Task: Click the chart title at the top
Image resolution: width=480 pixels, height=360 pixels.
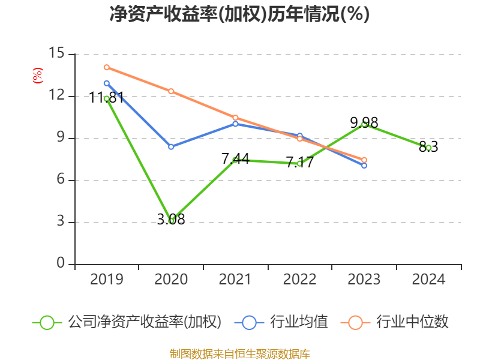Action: tap(239, 14)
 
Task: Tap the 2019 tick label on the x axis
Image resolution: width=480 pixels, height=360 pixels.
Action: tap(107, 279)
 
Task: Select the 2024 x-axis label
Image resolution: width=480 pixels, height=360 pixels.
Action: tap(428, 279)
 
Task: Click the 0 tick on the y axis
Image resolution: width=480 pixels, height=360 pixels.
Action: tap(61, 263)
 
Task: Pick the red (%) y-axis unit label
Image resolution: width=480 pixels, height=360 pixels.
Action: tap(38, 76)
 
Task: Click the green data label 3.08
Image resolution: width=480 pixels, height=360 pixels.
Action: tap(171, 219)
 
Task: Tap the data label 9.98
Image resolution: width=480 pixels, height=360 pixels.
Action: tap(364, 123)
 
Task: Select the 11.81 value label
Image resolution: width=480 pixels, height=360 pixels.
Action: tap(107, 98)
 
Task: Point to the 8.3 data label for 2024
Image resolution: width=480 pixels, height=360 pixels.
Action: tap(428, 146)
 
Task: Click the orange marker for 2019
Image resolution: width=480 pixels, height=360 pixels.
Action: tap(107, 67)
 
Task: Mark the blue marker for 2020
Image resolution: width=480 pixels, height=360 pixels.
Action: tap(171, 147)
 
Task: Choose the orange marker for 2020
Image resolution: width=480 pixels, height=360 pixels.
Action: tap(171, 91)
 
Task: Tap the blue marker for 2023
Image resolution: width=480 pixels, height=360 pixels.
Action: tap(364, 166)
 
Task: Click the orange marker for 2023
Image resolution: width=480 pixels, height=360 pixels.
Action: tap(364, 160)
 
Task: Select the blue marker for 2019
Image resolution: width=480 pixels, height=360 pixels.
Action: tap(107, 83)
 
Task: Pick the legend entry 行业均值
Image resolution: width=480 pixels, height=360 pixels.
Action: tap(299, 322)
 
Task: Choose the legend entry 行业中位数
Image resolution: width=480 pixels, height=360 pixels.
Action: tap(412, 322)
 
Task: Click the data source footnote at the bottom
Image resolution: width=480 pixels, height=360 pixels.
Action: tap(240, 354)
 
